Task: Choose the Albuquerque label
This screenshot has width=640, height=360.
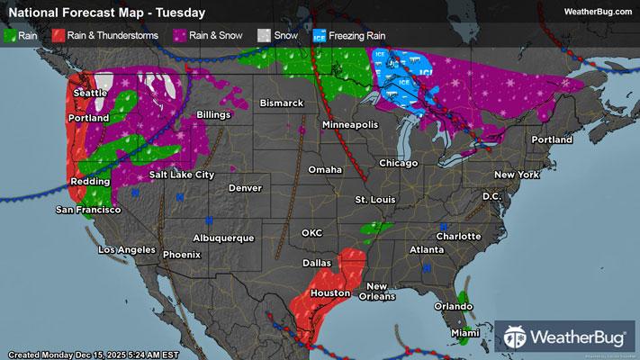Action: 223,238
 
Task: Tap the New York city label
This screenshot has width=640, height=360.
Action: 516,174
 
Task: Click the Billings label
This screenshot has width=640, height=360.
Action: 212,115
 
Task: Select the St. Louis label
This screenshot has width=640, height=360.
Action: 375,199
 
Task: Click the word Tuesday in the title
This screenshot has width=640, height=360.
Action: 181,13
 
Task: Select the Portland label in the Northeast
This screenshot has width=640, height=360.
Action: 551,140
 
